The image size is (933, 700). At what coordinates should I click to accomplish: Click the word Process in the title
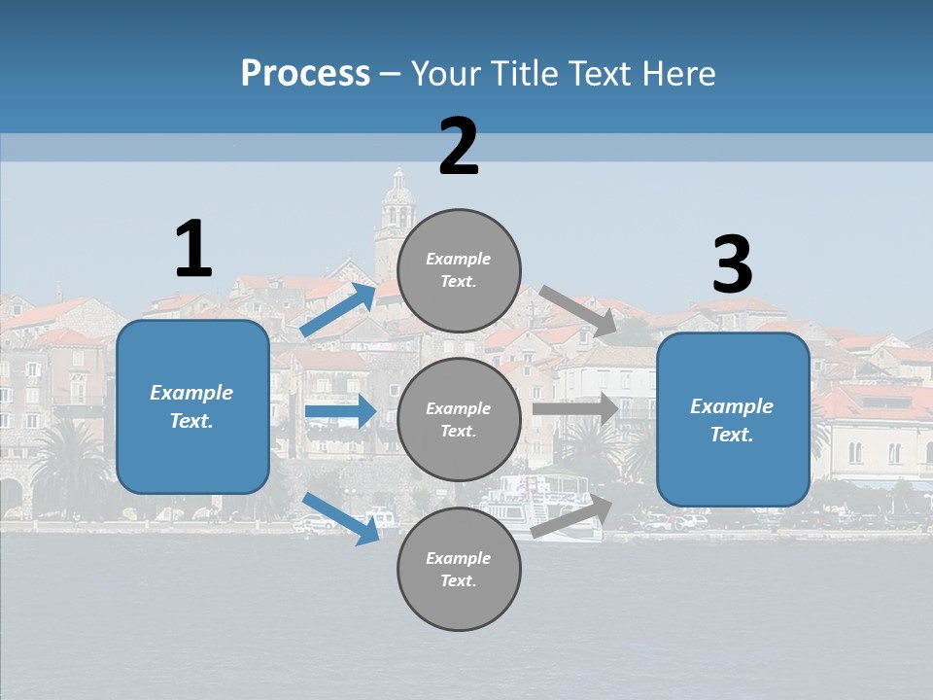point(305,74)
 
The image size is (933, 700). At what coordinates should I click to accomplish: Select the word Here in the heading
point(674,74)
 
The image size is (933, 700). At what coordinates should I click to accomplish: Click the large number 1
point(193,249)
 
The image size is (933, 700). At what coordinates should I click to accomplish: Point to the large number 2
point(459,147)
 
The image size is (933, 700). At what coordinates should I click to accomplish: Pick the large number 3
point(732,265)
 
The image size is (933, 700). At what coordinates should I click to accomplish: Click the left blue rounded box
point(192,406)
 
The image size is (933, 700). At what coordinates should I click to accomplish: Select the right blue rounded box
point(733,420)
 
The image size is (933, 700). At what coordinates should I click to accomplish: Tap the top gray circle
point(459,270)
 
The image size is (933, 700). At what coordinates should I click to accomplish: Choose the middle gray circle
point(459,419)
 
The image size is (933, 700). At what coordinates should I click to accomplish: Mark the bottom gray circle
point(459,569)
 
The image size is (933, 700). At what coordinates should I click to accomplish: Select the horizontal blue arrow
point(340,411)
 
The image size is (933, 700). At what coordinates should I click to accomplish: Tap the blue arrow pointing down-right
point(341,518)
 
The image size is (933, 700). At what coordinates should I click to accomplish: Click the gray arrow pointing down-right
point(579,311)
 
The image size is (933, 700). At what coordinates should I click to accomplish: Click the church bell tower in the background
point(397,214)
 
